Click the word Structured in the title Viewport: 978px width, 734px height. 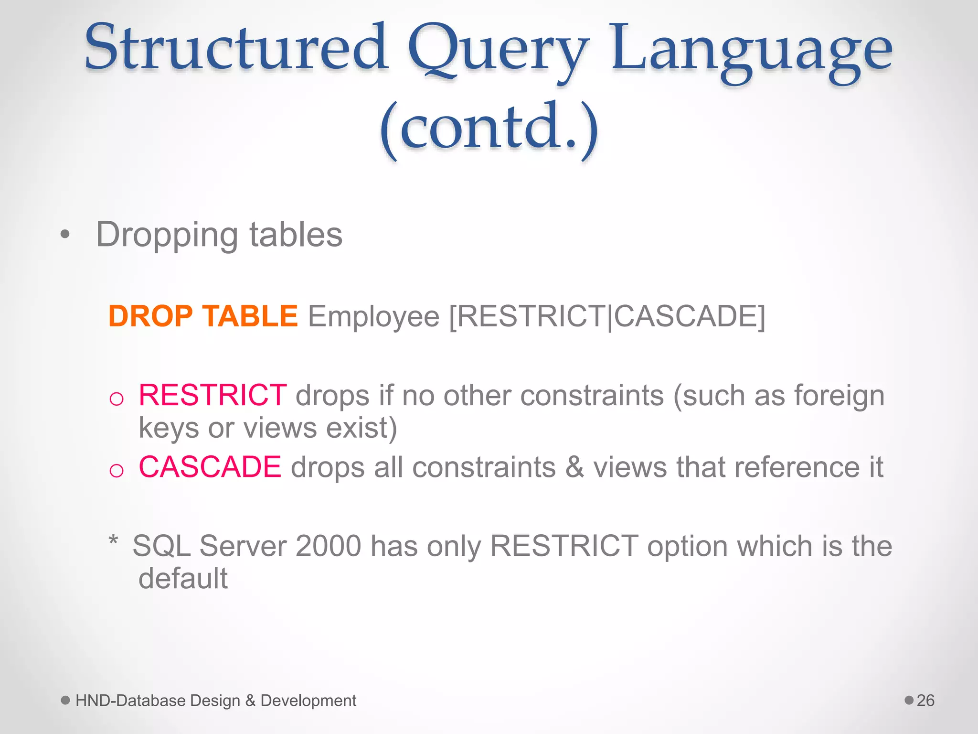(236, 48)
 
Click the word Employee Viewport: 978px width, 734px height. (373, 317)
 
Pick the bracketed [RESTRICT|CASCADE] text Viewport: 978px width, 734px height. (607, 316)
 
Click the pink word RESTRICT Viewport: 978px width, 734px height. (213, 396)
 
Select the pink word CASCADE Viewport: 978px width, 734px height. (210, 467)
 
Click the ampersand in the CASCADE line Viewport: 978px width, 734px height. (574, 467)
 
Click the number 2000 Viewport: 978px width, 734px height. (328, 546)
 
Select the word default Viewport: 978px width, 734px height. (183, 578)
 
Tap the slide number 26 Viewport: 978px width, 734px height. (925, 701)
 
